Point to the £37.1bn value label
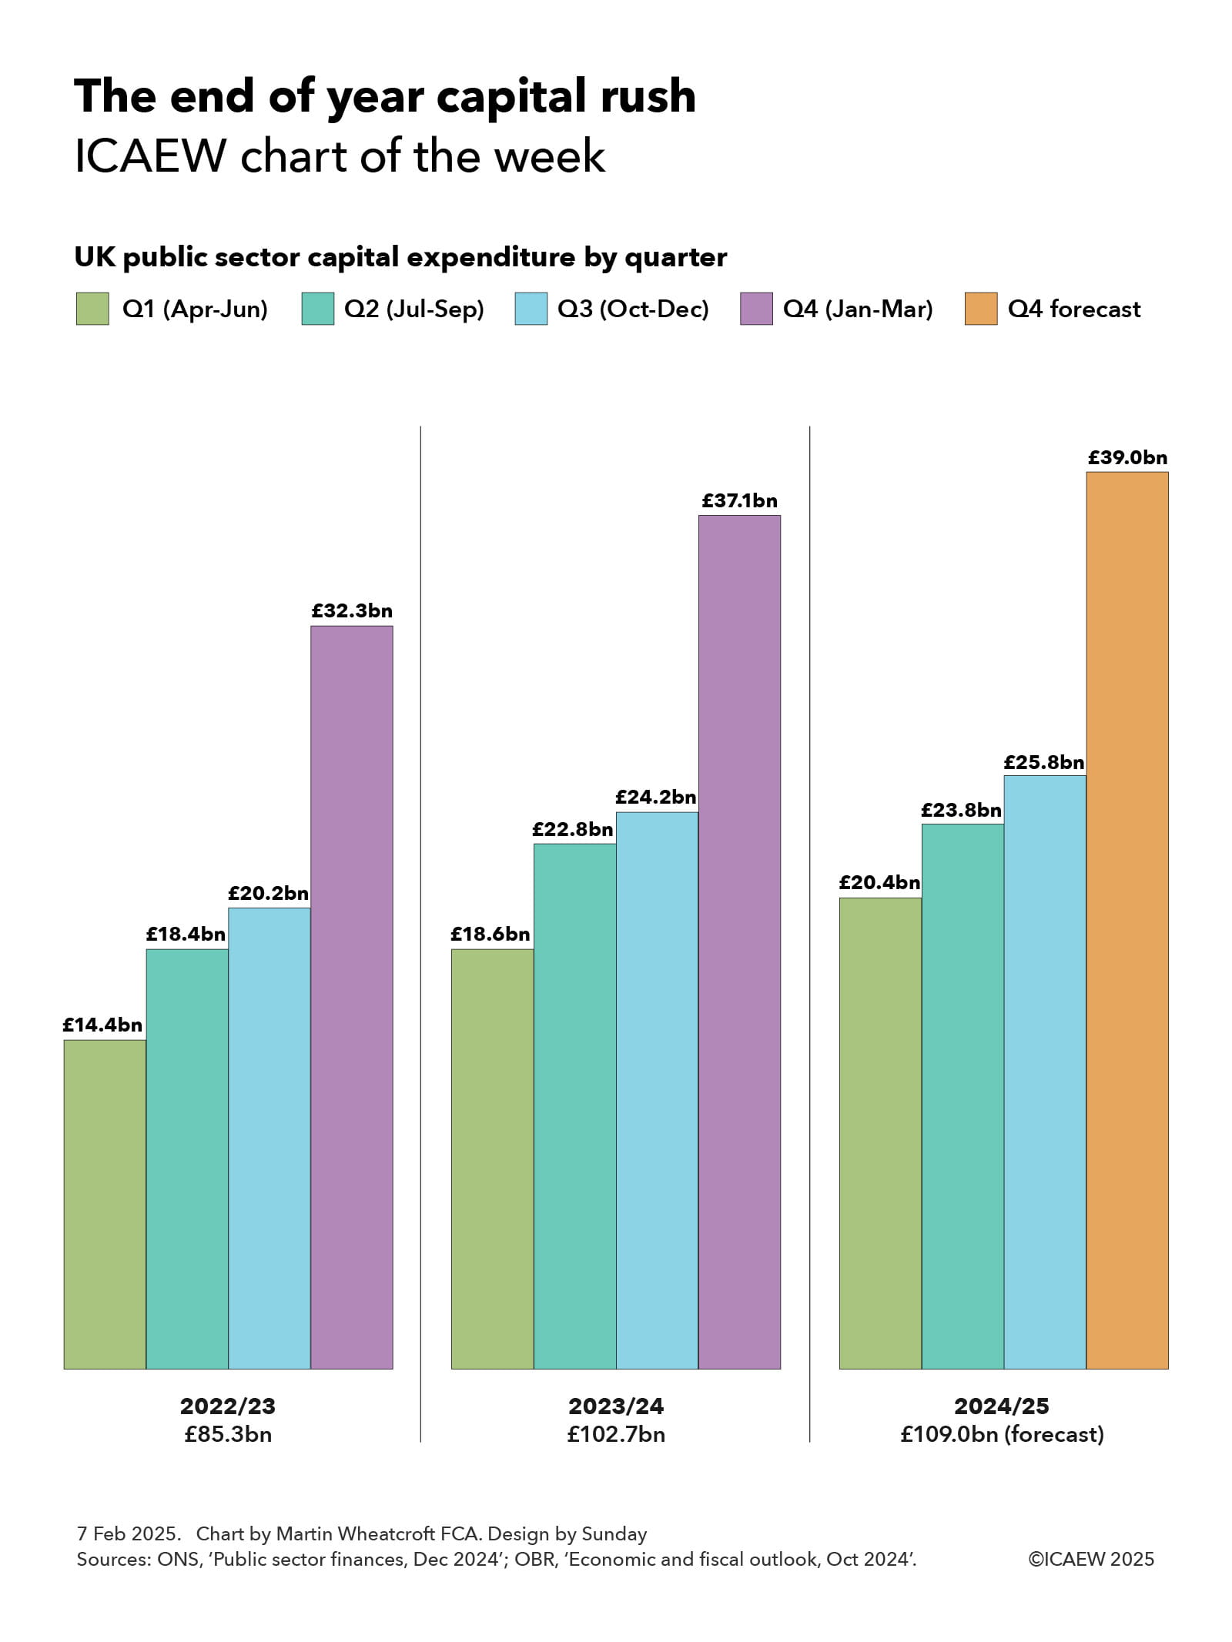739,501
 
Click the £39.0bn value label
1127,458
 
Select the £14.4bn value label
102,1025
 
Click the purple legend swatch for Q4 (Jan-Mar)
756,309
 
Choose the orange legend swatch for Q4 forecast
980,309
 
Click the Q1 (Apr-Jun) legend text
195,309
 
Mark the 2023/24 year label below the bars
616,1406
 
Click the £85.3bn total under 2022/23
228,1434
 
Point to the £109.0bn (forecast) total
1002,1434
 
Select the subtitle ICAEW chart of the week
340,156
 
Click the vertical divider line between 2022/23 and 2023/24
420,924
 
